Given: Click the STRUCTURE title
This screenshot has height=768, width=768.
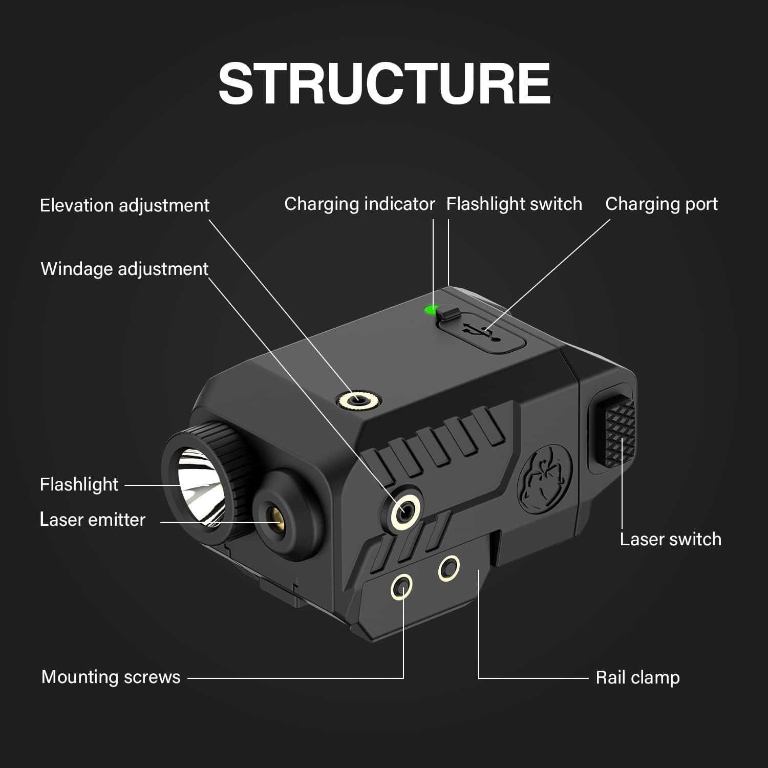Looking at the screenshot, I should coord(384,83).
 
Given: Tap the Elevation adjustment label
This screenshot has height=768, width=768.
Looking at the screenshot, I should coord(124,205).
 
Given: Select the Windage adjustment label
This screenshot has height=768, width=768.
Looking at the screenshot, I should coord(124,269).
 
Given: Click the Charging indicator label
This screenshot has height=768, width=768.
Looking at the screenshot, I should coord(359,204).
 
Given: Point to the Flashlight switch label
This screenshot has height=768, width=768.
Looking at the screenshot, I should coord(514,204).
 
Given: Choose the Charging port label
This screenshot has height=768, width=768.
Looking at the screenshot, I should coord(661,204).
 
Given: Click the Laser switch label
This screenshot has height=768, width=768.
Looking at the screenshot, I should coord(670,539).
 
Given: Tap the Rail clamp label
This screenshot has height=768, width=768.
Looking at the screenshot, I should coord(637,677).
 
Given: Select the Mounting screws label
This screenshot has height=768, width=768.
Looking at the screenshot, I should coord(111,677).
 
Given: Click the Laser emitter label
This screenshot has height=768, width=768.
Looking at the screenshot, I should coord(93,520).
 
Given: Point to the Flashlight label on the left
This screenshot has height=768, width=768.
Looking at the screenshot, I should coord(79,484).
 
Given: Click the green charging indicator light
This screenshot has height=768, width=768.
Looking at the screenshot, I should coord(429,309).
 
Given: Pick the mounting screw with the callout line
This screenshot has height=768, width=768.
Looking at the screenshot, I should coord(402,586).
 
